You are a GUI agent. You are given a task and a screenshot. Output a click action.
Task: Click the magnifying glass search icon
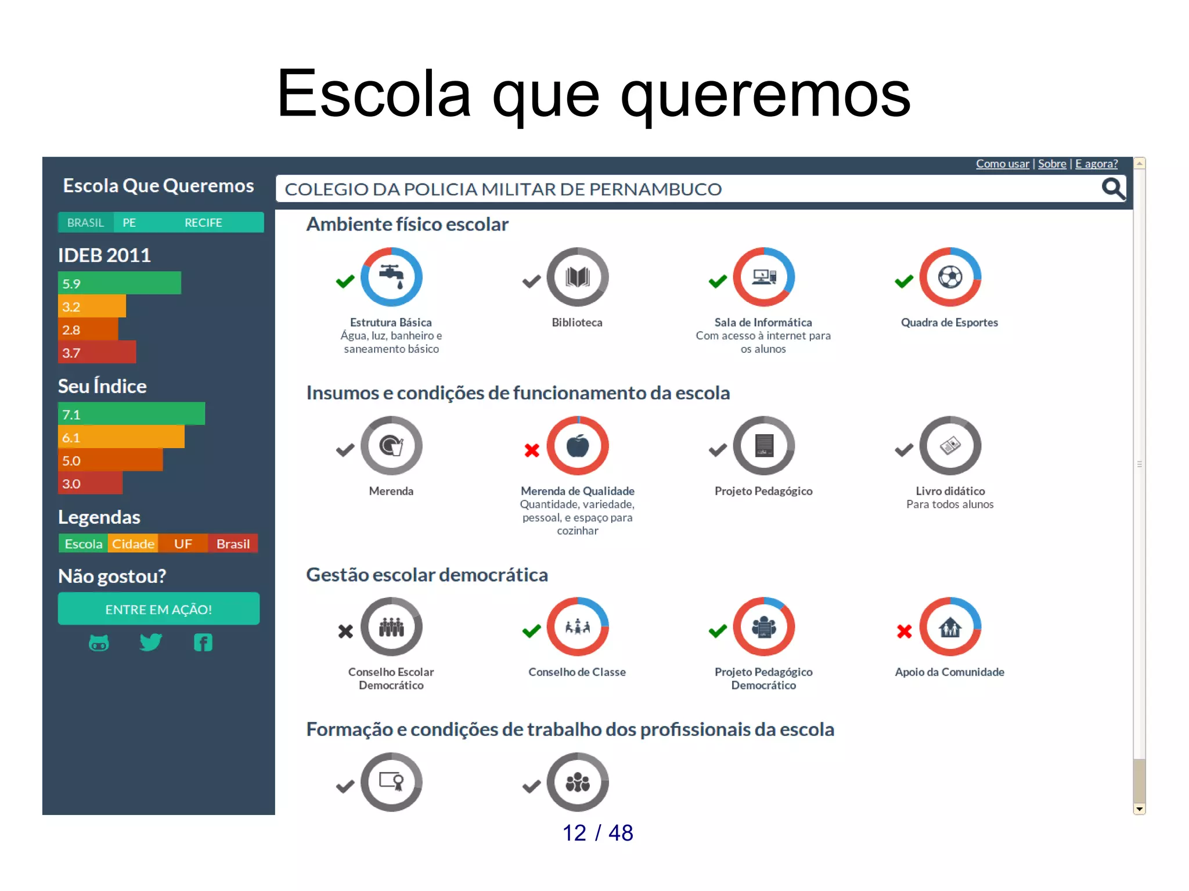(x=1113, y=189)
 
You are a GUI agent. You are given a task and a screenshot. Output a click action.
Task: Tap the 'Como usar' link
(x=1002, y=164)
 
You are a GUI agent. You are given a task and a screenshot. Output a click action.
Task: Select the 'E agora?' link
(x=1096, y=164)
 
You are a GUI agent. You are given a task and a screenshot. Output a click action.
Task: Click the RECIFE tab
(x=203, y=223)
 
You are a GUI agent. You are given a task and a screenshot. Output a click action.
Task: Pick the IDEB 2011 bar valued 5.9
(x=120, y=283)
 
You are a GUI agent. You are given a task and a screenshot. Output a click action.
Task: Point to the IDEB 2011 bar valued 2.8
(x=88, y=330)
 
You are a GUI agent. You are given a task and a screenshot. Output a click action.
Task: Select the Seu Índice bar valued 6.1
(x=121, y=437)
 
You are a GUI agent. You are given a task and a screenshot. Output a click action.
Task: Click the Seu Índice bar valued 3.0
(x=90, y=484)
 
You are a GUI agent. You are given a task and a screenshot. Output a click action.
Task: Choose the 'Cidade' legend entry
(x=133, y=544)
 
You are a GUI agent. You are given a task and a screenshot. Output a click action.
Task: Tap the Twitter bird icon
(x=151, y=642)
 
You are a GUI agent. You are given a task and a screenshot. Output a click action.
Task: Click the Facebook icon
(x=203, y=643)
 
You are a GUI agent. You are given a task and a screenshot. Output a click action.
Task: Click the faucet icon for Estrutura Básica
(x=391, y=277)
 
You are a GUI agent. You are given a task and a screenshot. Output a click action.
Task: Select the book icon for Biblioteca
(x=578, y=277)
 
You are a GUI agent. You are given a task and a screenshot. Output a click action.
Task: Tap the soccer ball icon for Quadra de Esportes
(x=950, y=277)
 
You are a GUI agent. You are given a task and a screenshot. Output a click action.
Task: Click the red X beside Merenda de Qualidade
(x=532, y=450)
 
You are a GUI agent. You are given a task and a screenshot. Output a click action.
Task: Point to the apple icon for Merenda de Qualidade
(x=578, y=446)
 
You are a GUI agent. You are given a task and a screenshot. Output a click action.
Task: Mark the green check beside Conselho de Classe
(x=531, y=631)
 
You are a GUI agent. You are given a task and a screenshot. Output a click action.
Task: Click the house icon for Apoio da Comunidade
(x=950, y=627)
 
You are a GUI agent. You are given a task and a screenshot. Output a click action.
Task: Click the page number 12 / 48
(x=597, y=833)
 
